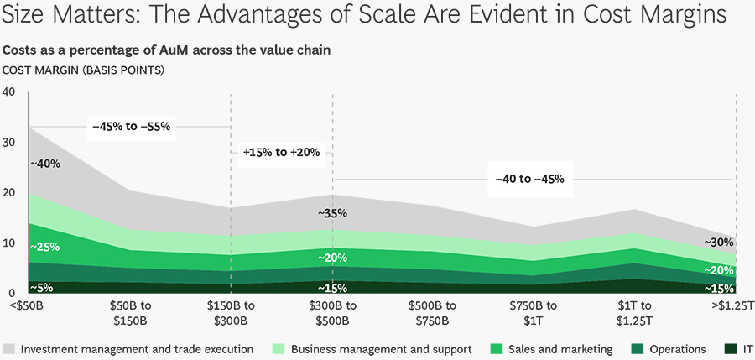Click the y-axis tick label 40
point(9,91)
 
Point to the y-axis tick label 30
point(9,143)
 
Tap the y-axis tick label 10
point(9,243)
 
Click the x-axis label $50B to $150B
point(129,312)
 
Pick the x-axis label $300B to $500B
point(332,312)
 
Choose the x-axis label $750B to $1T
point(534,312)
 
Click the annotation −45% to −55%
point(132,127)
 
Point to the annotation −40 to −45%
point(529,179)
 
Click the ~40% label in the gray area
point(45,164)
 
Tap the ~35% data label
point(332,213)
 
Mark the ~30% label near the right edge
point(718,243)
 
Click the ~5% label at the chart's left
point(42,287)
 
